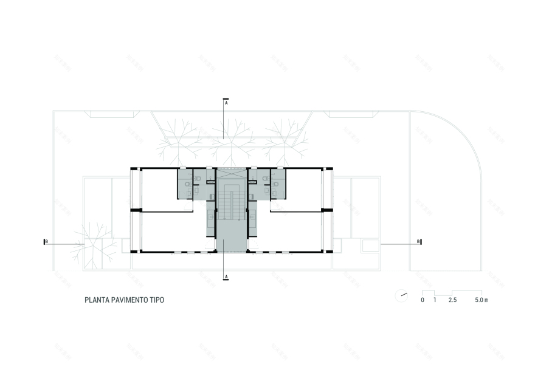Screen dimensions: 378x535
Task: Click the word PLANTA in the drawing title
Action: click(97, 300)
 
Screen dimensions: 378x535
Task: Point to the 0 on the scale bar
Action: click(423, 301)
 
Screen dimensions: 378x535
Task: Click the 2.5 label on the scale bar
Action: click(452, 301)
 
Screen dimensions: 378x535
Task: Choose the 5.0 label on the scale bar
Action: click(480, 301)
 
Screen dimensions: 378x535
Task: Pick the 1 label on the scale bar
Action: click(435, 301)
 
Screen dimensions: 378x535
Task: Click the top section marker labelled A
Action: click(226, 103)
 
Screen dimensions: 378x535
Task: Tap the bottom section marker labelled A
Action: click(226, 277)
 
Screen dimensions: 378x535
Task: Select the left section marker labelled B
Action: click(46, 242)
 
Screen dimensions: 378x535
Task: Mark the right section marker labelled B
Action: click(419, 242)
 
